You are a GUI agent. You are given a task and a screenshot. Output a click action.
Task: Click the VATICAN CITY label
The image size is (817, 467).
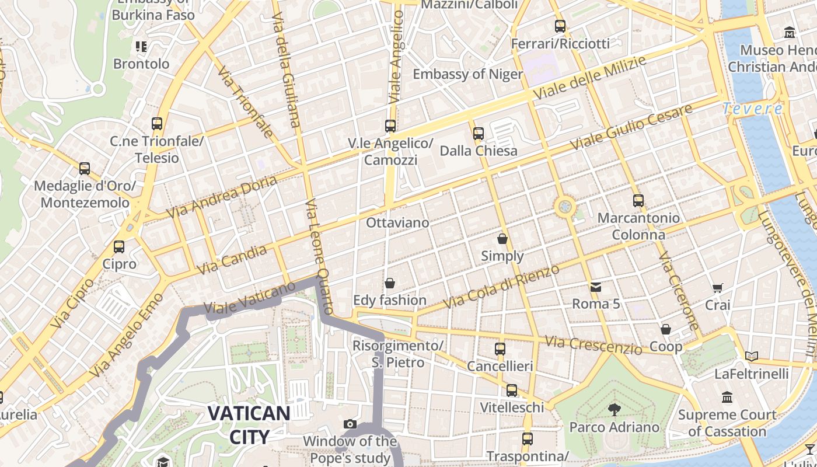[x=249, y=424]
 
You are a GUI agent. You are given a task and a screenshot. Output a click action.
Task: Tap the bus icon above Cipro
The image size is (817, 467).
[x=119, y=246]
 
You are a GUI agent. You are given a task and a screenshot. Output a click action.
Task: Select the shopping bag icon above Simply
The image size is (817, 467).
[x=502, y=239]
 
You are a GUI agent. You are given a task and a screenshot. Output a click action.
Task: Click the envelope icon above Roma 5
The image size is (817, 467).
[x=596, y=287]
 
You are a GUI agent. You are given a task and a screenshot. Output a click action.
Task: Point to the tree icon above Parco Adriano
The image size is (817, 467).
[x=614, y=409]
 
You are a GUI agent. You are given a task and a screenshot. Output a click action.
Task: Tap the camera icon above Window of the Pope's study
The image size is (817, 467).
[x=350, y=424]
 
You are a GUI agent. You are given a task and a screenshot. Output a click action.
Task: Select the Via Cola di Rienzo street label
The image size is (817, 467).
[x=501, y=287]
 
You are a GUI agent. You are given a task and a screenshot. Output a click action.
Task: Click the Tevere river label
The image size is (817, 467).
[x=752, y=109]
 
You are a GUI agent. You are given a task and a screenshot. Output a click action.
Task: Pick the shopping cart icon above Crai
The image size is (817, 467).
[x=717, y=288]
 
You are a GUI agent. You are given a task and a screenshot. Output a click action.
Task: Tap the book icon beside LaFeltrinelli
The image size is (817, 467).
[x=752, y=356]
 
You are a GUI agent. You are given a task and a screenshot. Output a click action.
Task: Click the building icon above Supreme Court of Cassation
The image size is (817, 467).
[x=727, y=398]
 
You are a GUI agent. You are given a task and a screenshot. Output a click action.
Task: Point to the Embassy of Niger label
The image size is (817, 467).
[x=468, y=74]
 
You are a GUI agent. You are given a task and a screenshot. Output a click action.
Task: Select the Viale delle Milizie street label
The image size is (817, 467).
[x=590, y=78]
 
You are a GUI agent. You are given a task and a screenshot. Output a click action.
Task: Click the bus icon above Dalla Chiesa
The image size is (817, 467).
[x=479, y=134]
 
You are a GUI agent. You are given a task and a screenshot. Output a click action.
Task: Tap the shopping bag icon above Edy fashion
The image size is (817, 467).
[x=390, y=283]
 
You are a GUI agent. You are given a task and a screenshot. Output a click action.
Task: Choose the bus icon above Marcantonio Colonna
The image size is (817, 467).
[x=638, y=201]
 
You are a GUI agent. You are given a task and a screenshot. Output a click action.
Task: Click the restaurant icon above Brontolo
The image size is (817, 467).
[x=141, y=46]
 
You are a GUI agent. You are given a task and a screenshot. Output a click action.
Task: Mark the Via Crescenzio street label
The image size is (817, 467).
[x=593, y=344]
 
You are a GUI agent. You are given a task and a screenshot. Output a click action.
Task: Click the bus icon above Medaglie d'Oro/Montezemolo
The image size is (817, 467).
[x=85, y=169]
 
